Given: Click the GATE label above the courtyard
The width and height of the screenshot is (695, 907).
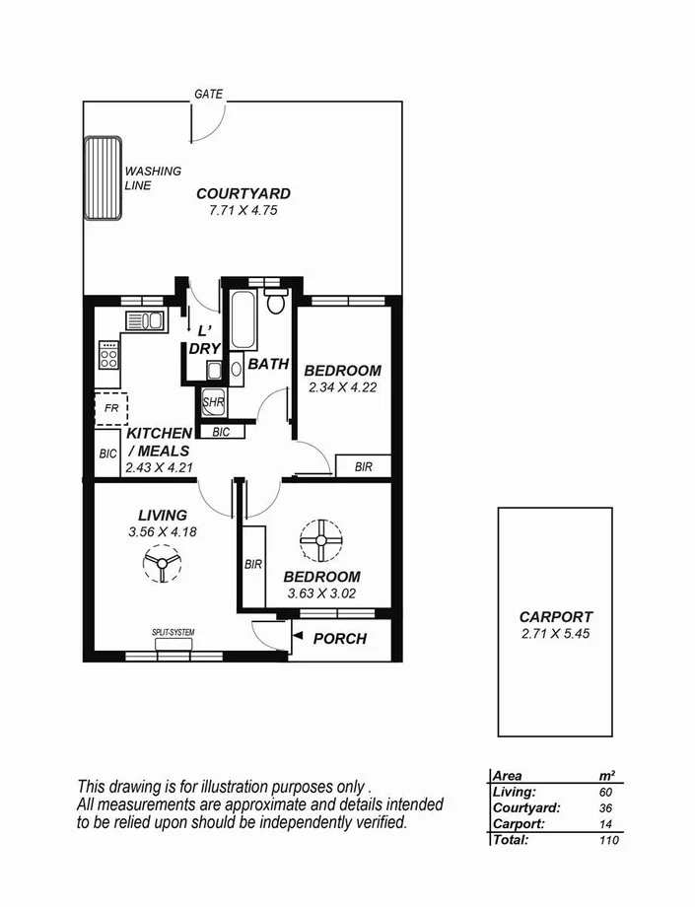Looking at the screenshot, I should click(208, 95).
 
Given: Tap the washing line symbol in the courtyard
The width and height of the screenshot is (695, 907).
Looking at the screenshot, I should click(102, 178).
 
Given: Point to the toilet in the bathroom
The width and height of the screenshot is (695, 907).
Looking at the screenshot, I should click(276, 300).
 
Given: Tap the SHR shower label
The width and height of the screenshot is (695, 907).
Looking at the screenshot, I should click(213, 402).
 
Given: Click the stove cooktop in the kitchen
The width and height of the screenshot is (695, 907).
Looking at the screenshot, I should click(108, 355).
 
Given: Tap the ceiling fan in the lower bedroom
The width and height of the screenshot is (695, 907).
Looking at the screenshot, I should click(320, 540).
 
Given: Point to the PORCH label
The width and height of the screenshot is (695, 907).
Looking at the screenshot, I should click(339, 639).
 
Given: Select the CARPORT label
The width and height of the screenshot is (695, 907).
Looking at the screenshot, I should click(556, 617).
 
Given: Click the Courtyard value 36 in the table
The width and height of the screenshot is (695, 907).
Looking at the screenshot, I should click(604, 807).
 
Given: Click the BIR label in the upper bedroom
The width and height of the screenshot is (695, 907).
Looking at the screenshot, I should click(363, 467).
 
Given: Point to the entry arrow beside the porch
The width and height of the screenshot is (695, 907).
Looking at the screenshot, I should click(295, 639).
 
